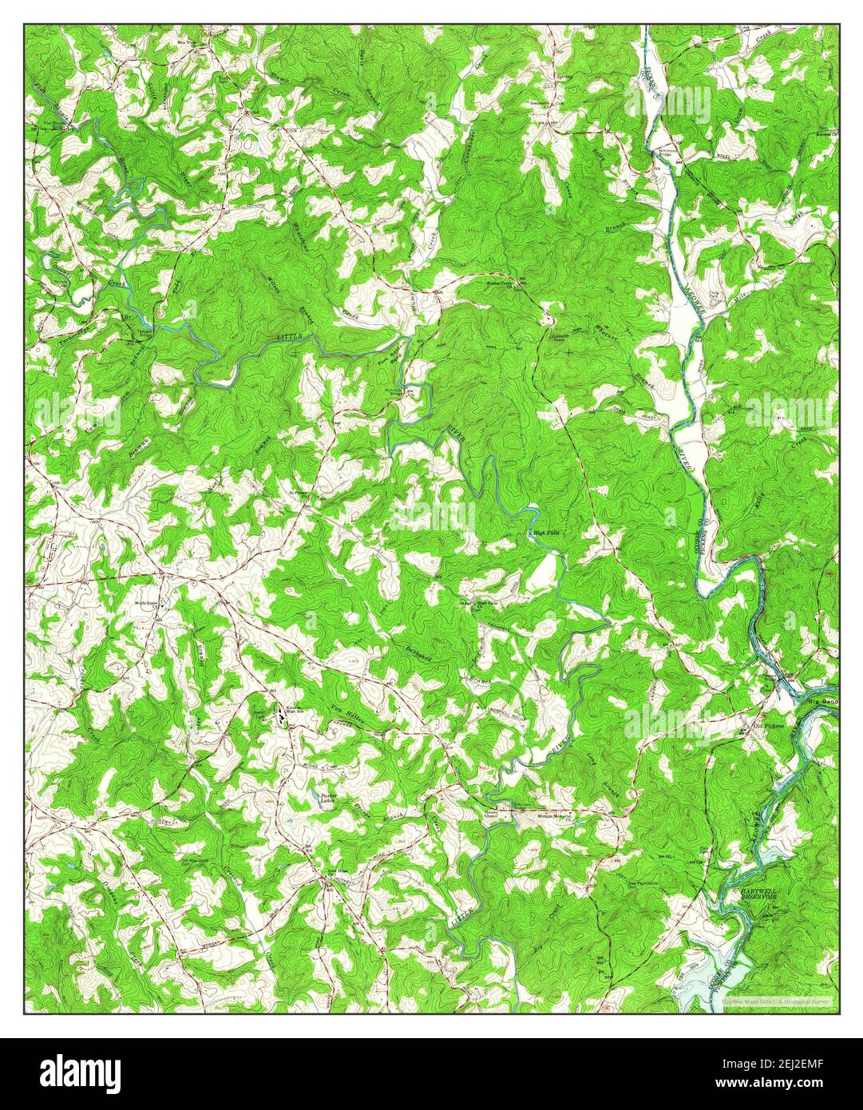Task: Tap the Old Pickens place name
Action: tap(769, 726)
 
